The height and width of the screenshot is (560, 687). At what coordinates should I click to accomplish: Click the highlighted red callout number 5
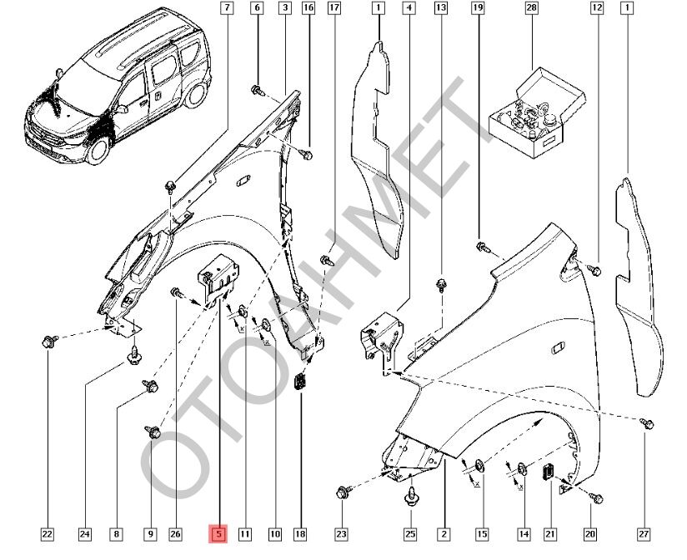click(218, 533)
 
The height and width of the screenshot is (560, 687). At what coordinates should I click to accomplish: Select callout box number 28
click(531, 9)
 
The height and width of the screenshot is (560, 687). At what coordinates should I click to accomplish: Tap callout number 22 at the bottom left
click(47, 533)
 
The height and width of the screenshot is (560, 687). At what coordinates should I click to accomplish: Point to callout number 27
click(644, 533)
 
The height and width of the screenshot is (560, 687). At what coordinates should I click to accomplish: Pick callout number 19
click(478, 9)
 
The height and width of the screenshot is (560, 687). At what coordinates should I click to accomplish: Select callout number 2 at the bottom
click(444, 533)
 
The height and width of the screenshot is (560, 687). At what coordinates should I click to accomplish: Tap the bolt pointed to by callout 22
click(47, 341)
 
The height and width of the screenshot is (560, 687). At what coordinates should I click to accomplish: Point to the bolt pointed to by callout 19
click(483, 246)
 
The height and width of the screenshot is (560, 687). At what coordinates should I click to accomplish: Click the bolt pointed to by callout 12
click(595, 269)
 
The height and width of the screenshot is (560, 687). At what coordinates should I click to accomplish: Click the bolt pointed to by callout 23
click(343, 493)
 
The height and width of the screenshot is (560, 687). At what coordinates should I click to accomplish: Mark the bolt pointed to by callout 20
click(595, 497)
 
